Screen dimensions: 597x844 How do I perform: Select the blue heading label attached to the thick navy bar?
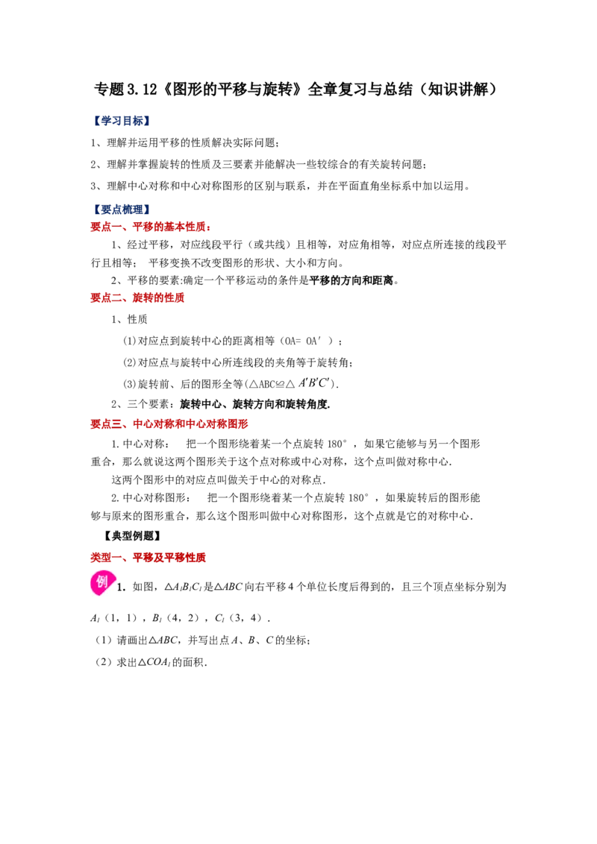(120, 120)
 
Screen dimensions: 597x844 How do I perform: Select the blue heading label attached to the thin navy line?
(120, 208)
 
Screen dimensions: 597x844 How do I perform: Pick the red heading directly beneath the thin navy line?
(151, 227)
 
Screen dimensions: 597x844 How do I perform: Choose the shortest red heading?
(137, 298)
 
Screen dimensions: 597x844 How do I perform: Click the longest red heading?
(170, 423)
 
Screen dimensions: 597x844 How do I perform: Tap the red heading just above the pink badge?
(149, 558)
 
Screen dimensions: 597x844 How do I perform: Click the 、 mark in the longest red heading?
(127, 425)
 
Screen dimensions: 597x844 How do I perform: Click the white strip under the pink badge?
(104, 599)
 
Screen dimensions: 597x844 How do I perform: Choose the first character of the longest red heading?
(95, 423)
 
